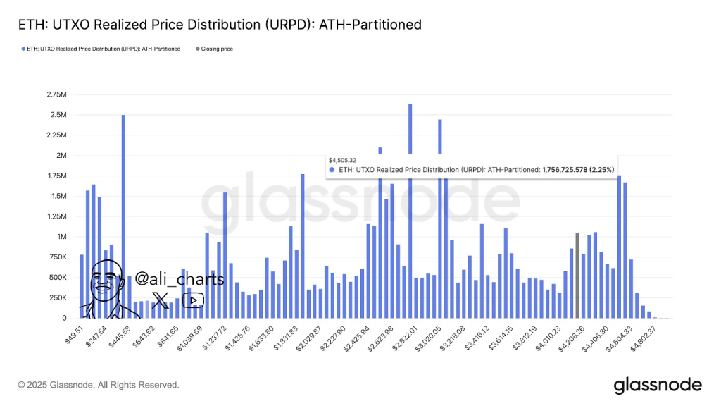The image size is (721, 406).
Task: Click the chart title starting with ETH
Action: coord(220,25)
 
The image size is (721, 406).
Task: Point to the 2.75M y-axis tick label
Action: coord(56,94)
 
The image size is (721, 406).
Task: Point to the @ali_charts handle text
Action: coord(179,279)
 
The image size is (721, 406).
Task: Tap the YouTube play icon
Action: coord(193,300)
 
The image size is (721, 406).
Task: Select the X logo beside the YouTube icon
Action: coord(161,301)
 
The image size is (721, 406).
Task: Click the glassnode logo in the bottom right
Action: coord(658,385)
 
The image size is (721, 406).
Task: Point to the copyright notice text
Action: coord(99,385)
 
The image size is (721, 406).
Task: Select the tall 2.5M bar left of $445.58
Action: coord(123,211)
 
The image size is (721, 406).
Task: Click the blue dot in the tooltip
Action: coord(332,170)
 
